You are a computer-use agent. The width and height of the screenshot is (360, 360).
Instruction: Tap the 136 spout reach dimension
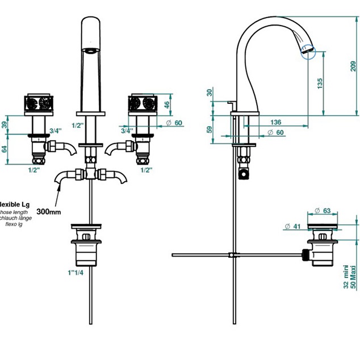(x=275, y=122)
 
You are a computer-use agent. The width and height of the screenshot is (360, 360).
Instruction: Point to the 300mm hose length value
(x=49, y=211)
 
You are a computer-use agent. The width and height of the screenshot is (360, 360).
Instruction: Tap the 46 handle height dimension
(x=167, y=104)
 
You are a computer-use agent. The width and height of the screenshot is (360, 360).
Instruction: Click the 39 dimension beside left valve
(x=5, y=124)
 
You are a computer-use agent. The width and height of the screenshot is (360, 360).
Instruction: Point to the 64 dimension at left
(x=5, y=149)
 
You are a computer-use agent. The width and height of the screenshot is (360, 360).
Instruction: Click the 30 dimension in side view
(x=210, y=93)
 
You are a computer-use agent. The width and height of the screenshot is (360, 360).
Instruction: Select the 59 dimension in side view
(x=210, y=129)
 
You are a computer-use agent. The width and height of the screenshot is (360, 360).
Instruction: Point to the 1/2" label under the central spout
(x=78, y=125)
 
